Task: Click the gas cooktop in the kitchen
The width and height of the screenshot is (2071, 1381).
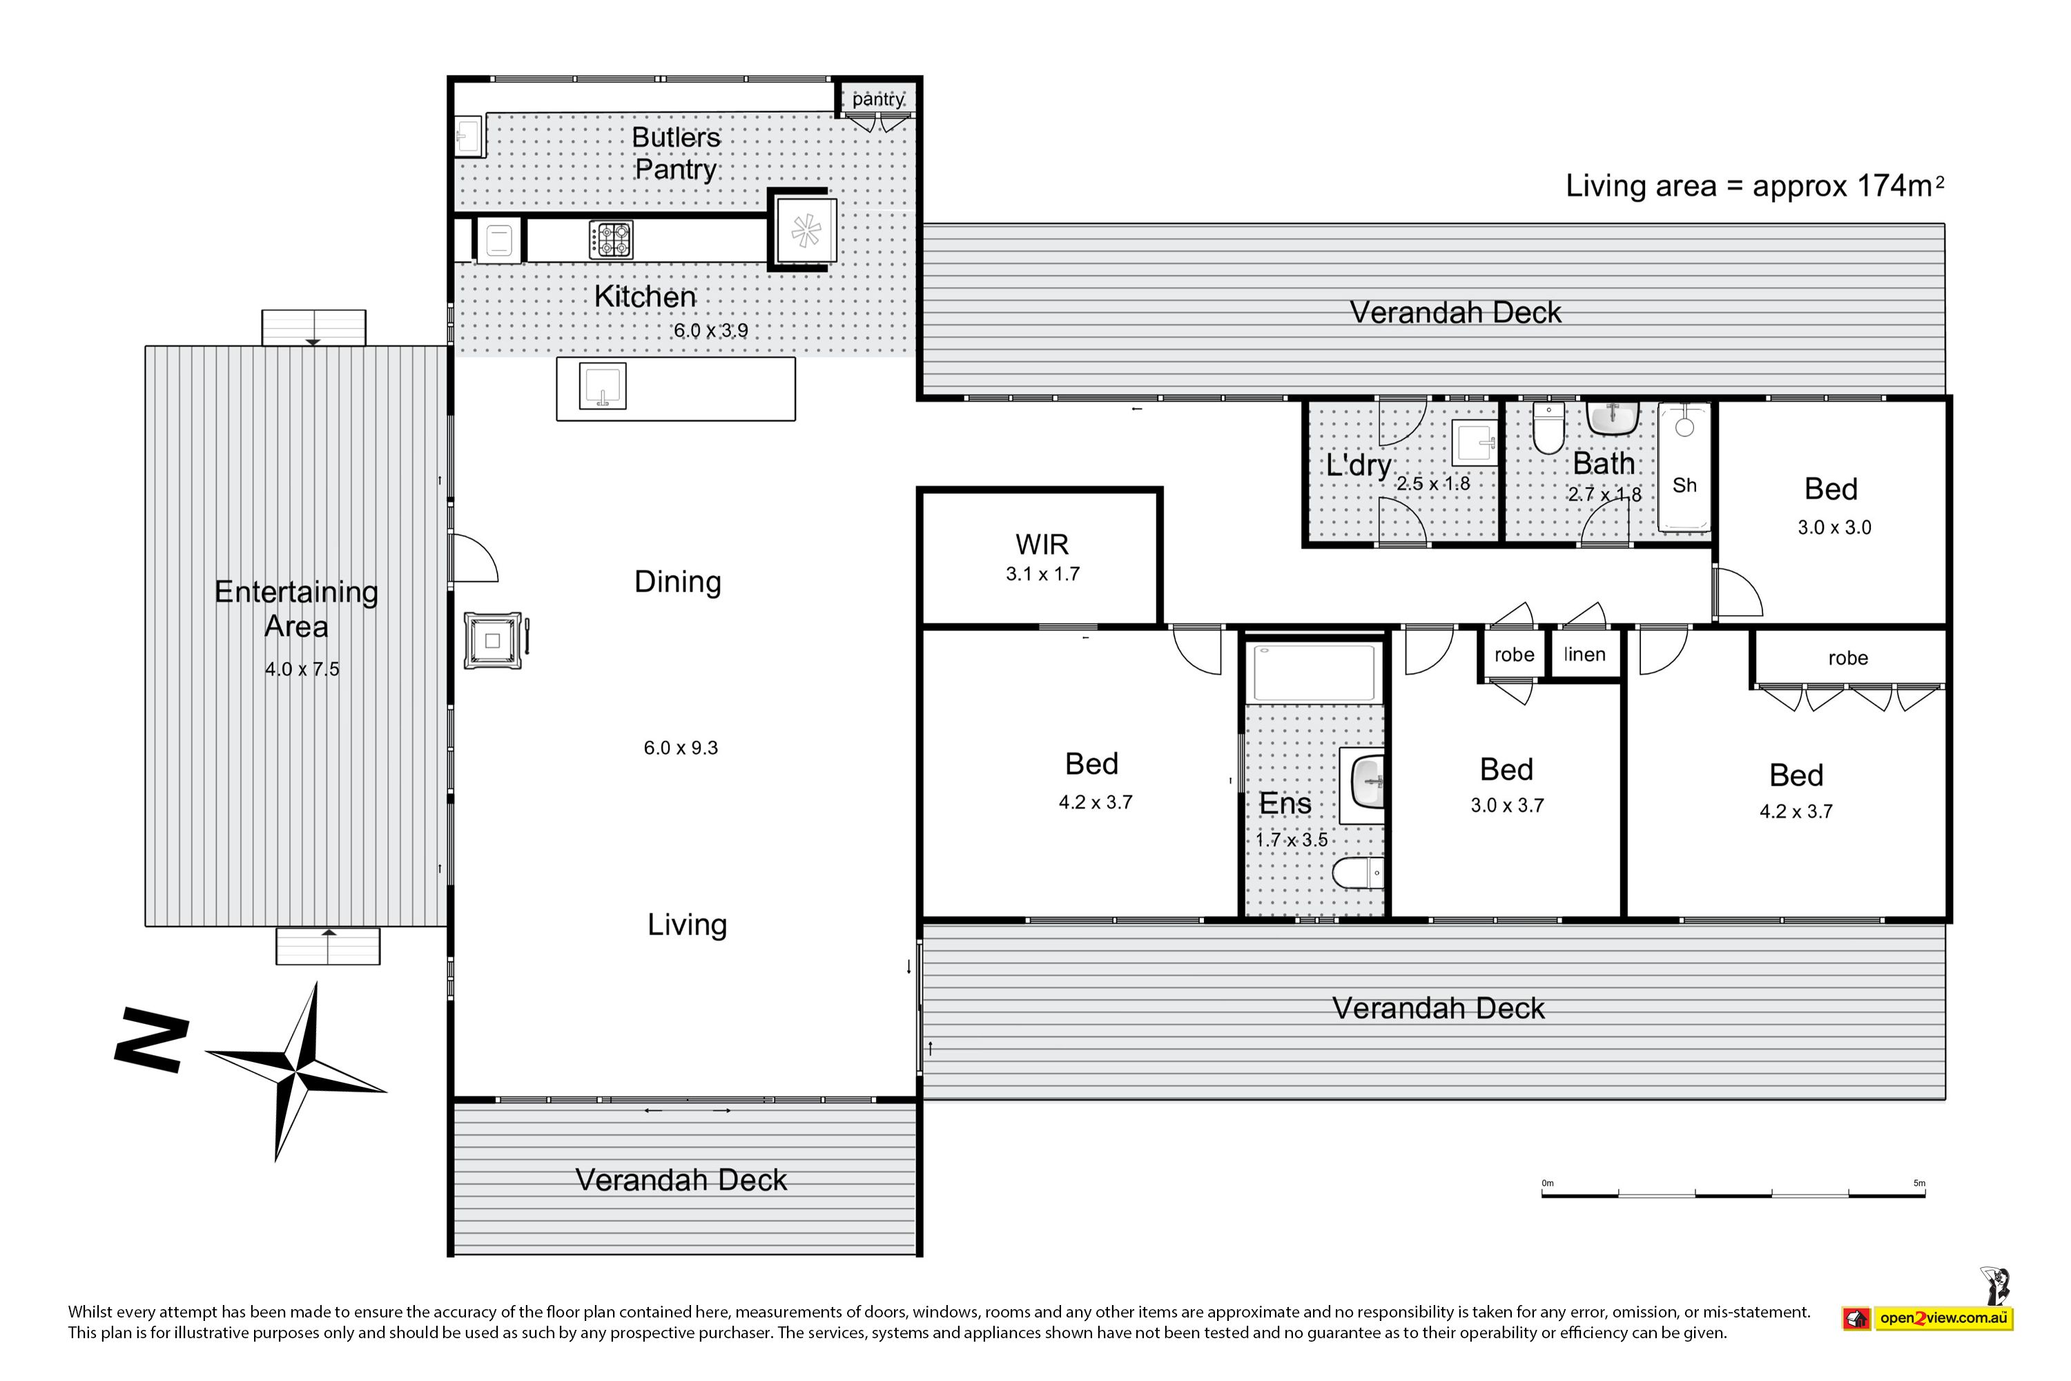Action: (611, 240)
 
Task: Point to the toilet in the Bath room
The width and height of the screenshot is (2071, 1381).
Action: (1549, 427)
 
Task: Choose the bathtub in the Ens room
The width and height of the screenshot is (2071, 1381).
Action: (1314, 673)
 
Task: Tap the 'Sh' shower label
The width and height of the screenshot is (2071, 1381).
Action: (1684, 485)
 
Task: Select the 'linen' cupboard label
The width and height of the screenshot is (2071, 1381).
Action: (1585, 655)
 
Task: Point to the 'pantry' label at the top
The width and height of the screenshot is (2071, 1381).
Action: (878, 99)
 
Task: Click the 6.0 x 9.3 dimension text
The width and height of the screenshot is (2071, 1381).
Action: (681, 748)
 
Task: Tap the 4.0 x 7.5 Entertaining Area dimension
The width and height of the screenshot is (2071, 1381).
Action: (302, 669)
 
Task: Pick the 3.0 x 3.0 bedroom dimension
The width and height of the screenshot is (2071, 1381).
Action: (1834, 528)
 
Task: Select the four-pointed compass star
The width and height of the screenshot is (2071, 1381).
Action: (297, 1071)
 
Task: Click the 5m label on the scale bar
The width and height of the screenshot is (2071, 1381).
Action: (1920, 1183)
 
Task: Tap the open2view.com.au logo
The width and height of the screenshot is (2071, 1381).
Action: (1928, 1317)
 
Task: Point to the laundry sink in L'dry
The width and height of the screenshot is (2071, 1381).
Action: (1475, 442)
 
